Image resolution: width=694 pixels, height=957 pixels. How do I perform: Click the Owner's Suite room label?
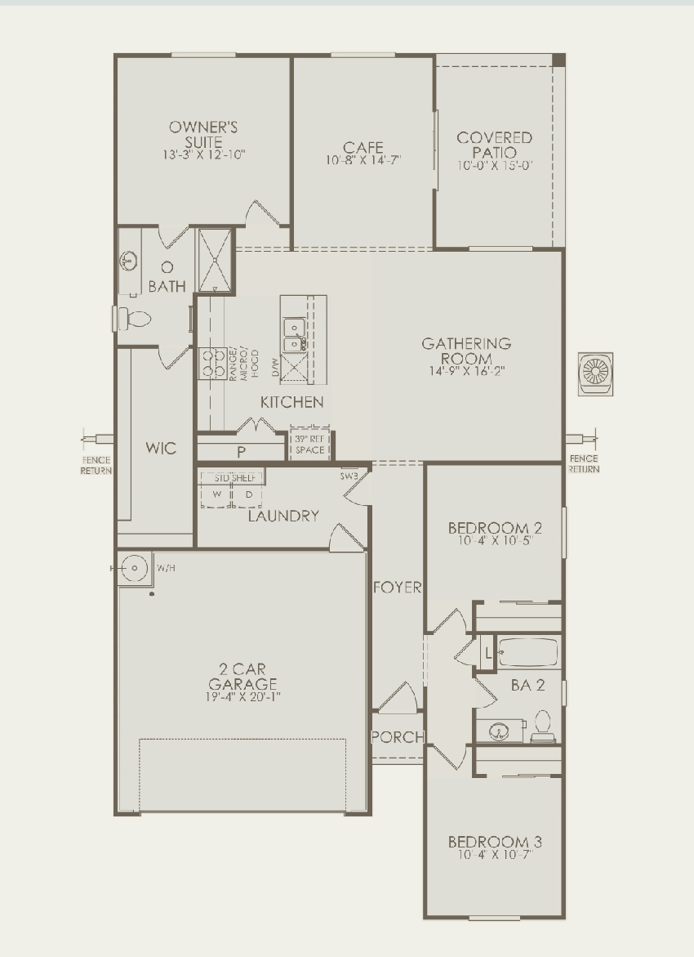[x=203, y=134]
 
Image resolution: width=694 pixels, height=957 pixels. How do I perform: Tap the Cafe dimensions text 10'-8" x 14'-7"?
[x=363, y=161]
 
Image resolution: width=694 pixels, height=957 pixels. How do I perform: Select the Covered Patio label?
[x=494, y=145]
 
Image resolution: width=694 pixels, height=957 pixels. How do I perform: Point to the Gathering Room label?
[x=466, y=351]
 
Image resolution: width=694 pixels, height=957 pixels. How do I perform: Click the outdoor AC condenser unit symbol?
[x=594, y=373]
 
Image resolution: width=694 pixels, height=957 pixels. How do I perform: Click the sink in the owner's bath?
[x=128, y=262]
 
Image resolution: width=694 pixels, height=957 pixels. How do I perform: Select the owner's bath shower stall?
[x=215, y=260]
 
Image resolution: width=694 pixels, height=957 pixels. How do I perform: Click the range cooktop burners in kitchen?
[x=214, y=363]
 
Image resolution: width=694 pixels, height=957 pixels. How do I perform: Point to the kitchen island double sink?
[x=293, y=334]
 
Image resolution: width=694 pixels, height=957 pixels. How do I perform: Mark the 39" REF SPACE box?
[x=309, y=444]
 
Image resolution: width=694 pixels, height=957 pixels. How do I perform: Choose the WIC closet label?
[x=161, y=449]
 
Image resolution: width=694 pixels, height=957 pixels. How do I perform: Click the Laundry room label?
[x=282, y=516]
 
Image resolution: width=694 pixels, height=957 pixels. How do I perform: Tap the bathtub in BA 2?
[x=527, y=654]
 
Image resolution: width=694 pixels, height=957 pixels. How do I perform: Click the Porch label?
[x=398, y=737]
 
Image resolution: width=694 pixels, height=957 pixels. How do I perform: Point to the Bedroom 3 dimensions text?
[x=494, y=855]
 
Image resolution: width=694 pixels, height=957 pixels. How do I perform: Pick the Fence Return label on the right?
[x=584, y=463]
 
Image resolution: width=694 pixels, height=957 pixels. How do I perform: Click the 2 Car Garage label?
[x=242, y=677]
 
